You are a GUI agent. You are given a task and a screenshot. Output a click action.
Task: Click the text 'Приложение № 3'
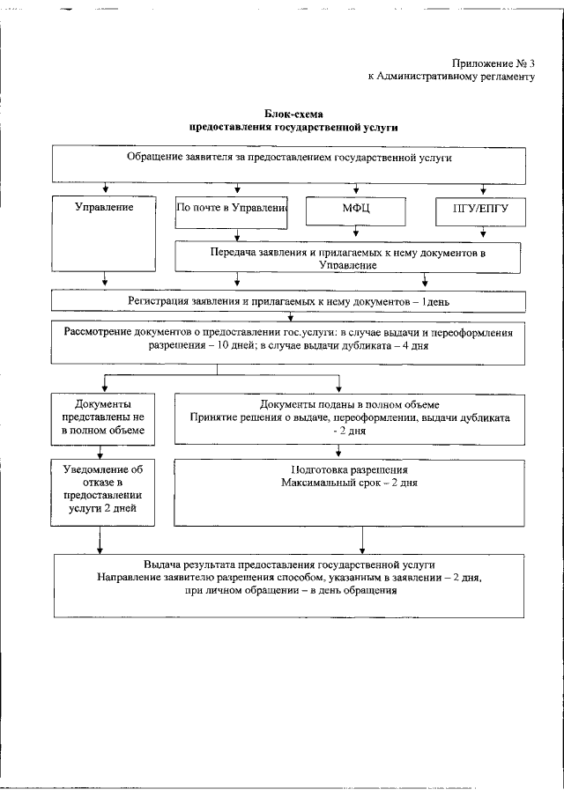click(x=493, y=63)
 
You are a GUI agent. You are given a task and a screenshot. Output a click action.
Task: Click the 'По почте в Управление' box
click(x=233, y=209)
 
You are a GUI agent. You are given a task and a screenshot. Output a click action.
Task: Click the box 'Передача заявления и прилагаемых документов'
click(x=347, y=257)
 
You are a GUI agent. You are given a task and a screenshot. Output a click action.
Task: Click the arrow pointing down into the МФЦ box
click(x=355, y=189)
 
